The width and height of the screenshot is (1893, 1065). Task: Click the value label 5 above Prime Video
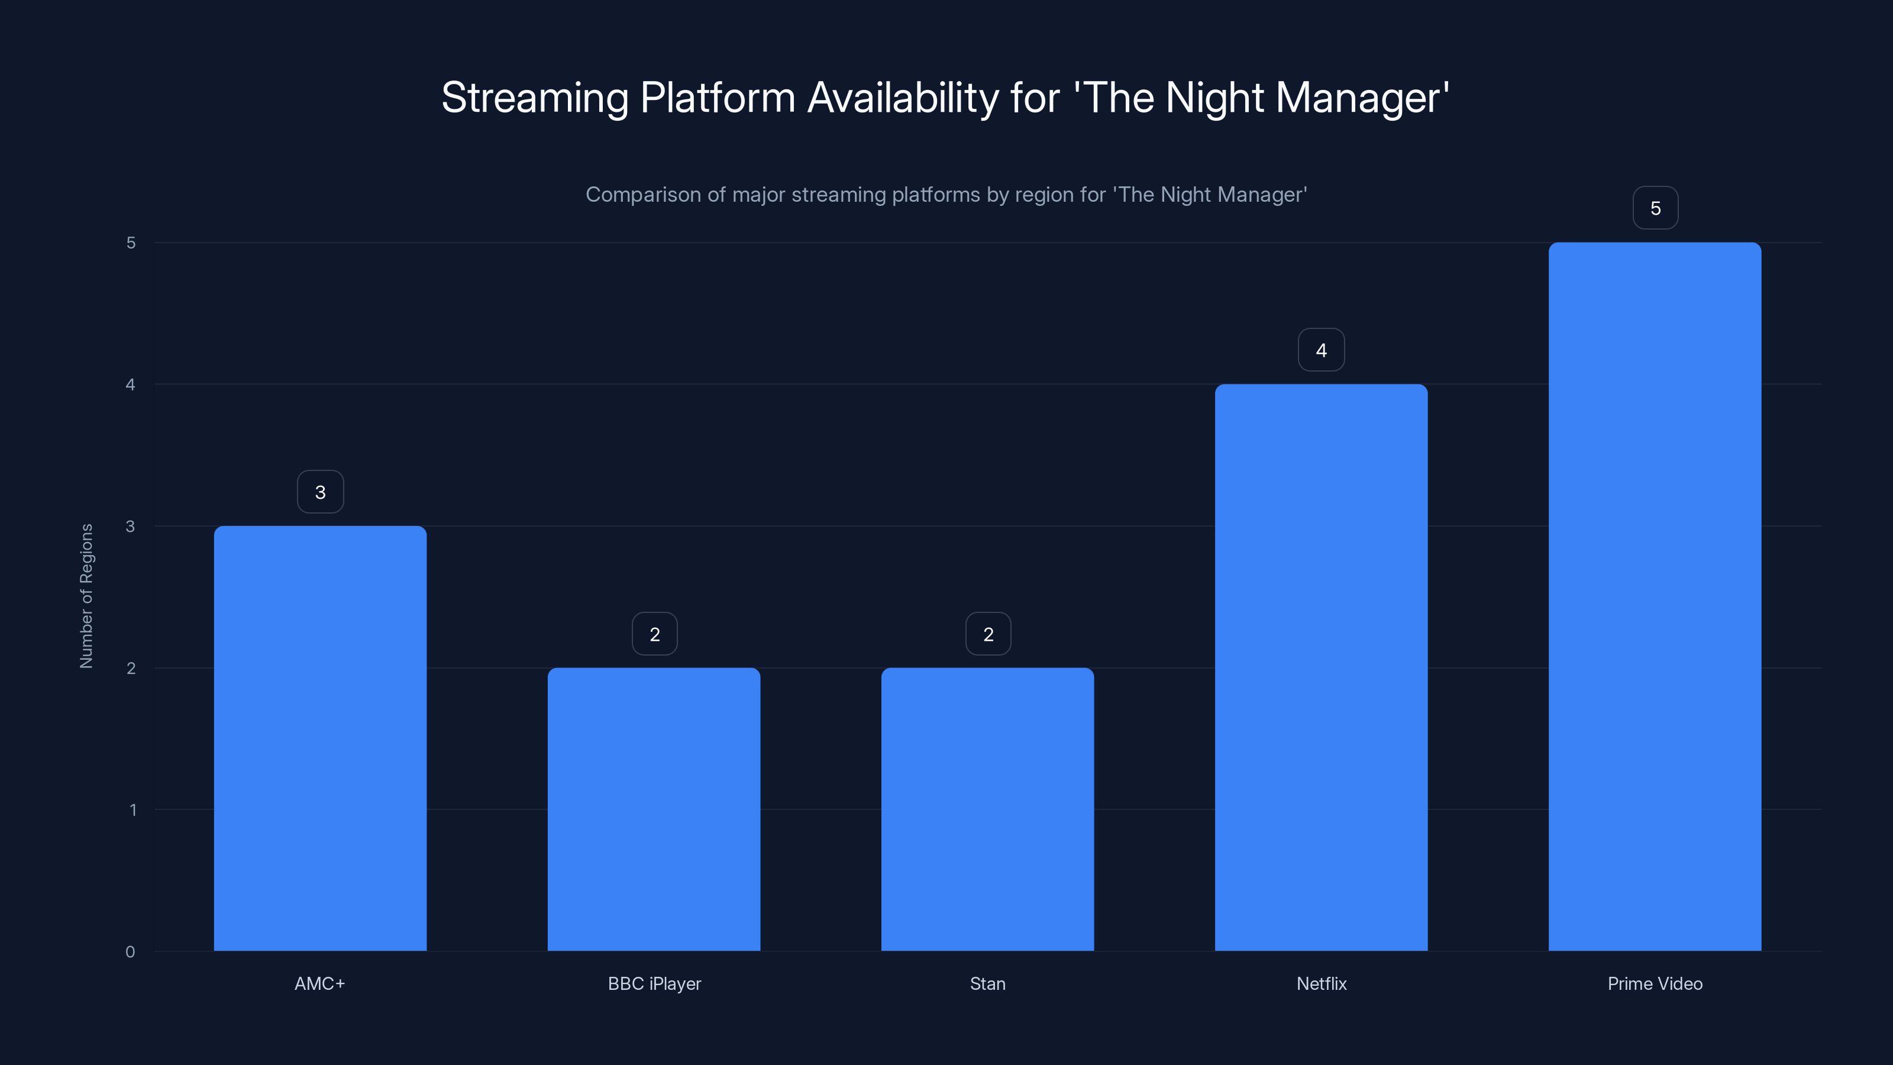tap(1655, 208)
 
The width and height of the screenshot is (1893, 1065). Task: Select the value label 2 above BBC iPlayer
tap(654, 634)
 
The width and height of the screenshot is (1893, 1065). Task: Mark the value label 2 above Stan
tap(988, 634)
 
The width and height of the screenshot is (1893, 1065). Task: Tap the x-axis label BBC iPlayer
tap(654, 983)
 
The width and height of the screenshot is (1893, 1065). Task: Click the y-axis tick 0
tap(130, 952)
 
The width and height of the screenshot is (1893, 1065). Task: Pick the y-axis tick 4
tap(130, 385)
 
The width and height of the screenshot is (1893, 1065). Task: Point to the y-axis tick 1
tap(133, 810)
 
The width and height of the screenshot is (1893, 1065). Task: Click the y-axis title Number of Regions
tap(87, 595)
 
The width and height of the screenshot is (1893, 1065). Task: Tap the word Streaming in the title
tap(534, 98)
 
